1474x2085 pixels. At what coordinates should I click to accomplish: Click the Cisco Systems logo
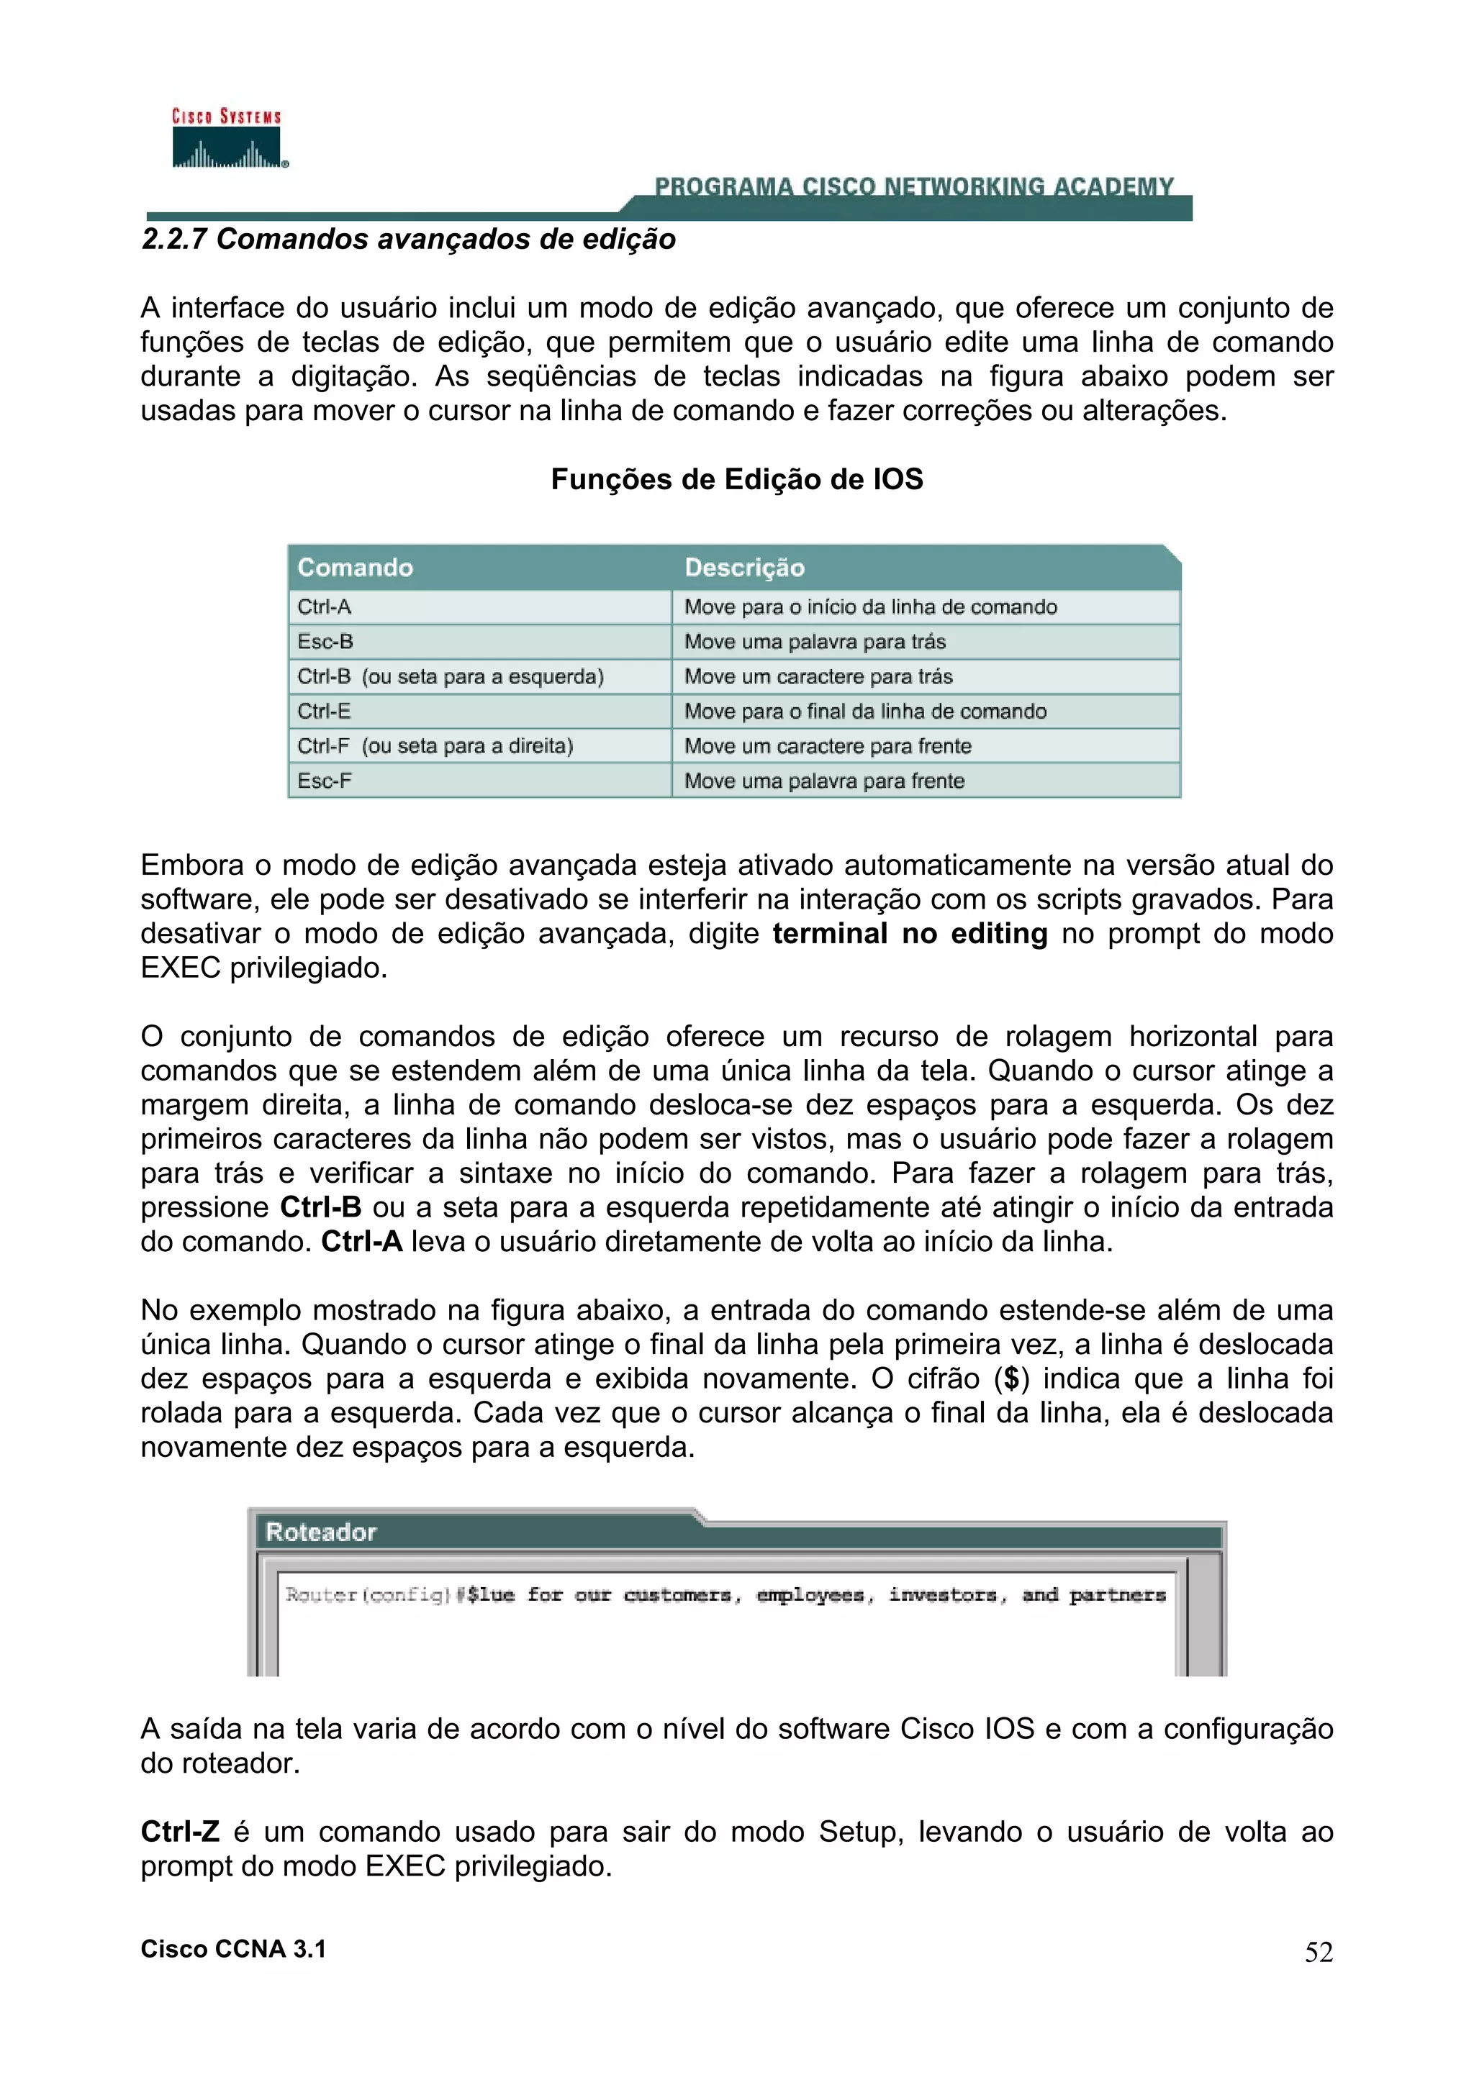(227, 139)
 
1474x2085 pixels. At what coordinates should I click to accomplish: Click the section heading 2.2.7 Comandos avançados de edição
(409, 240)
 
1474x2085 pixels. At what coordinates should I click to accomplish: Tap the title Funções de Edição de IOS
(736, 479)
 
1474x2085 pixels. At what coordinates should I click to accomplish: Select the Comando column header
(355, 568)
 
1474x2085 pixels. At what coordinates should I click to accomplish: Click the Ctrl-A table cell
(324, 607)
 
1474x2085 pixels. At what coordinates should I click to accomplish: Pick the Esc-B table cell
(325, 642)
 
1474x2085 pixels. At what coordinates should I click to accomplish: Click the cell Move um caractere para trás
(818, 676)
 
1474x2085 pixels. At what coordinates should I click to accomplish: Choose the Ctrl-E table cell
(324, 711)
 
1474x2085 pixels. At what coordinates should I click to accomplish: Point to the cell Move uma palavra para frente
(824, 781)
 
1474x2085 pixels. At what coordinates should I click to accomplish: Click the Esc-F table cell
(324, 781)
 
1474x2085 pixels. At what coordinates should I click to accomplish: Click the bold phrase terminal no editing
(909, 934)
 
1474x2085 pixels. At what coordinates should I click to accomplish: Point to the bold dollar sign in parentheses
(1010, 1378)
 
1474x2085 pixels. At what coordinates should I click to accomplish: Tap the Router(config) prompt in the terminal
(368, 1594)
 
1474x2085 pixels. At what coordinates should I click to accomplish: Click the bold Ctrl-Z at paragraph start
(180, 1832)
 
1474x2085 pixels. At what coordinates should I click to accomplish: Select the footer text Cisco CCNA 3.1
(233, 1949)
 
